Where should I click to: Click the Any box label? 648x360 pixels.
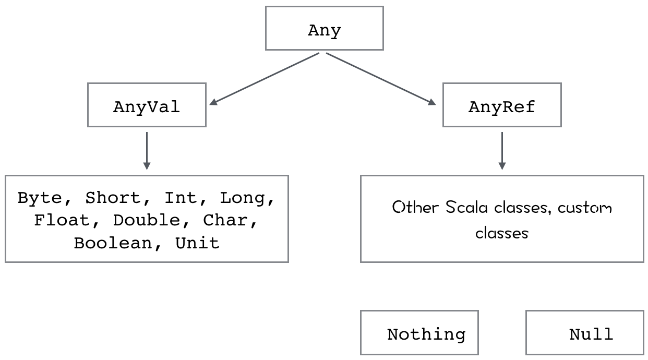325,30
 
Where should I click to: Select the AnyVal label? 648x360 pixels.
147,107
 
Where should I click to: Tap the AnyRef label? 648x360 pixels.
502,107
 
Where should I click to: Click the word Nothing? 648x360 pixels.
426,334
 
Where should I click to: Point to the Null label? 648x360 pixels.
591,334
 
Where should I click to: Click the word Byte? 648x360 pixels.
40,198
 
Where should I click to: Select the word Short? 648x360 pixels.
113,198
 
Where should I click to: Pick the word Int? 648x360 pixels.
181,198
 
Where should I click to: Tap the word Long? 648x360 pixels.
243,198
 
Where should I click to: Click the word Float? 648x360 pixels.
62,220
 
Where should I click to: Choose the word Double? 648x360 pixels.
147,220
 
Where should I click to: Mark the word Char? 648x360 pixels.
225,220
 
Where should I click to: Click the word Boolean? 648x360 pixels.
113,243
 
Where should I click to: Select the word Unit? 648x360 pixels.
198,243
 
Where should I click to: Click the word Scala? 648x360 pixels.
466,207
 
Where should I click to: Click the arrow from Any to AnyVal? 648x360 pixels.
264,79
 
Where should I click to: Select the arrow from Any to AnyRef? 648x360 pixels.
381,79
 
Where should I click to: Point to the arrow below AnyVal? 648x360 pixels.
147,151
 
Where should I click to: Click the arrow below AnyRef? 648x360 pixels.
502,151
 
